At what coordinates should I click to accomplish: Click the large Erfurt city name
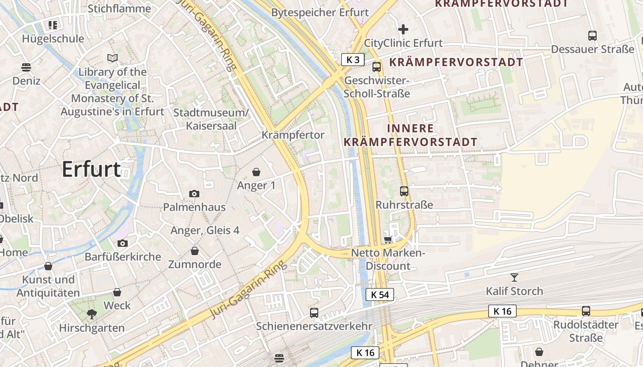click(91, 169)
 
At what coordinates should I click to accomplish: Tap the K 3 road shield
click(353, 59)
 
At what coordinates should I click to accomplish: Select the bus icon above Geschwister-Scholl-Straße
click(377, 67)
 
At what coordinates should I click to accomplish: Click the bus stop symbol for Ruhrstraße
click(404, 191)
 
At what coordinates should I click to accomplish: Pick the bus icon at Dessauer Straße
click(592, 35)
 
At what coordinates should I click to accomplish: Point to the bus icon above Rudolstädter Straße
click(586, 311)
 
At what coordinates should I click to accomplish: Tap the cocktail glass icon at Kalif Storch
click(514, 277)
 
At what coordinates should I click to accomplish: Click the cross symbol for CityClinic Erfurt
click(403, 29)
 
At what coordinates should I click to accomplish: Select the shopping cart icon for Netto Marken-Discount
click(388, 239)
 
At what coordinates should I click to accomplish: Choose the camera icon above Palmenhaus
click(194, 194)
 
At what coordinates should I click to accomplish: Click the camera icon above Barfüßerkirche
click(123, 243)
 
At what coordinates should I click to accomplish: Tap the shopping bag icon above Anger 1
click(256, 172)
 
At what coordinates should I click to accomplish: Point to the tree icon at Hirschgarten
click(92, 314)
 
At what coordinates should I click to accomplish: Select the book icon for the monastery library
click(113, 58)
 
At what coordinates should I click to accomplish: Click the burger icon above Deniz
click(26, 67)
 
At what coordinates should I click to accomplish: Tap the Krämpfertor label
click(293, 135)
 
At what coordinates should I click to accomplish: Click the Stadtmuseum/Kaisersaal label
click(211, 119)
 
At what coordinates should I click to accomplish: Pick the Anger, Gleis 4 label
click(205, 230)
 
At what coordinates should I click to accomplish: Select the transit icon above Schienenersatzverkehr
click(314, 312)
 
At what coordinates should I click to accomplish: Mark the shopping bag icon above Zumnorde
click(195, 251)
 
